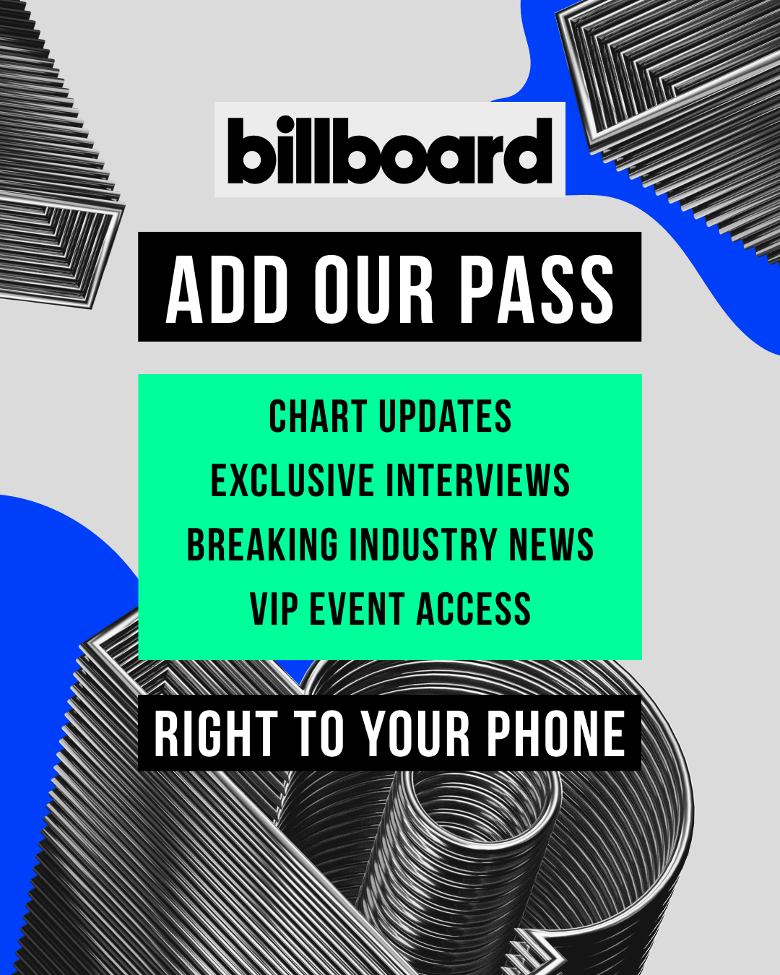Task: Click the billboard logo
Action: [390, 150]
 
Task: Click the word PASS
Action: [537, 290]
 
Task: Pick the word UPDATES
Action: [445, 416]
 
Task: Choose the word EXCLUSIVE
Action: [292, 480]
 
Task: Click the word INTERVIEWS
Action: [477, 480]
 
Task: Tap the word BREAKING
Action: [262, 545]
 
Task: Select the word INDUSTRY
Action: [423, 545]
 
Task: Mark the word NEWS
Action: [551, 545]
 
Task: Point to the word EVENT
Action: [357, 610]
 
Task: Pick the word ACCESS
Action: [473, 610]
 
